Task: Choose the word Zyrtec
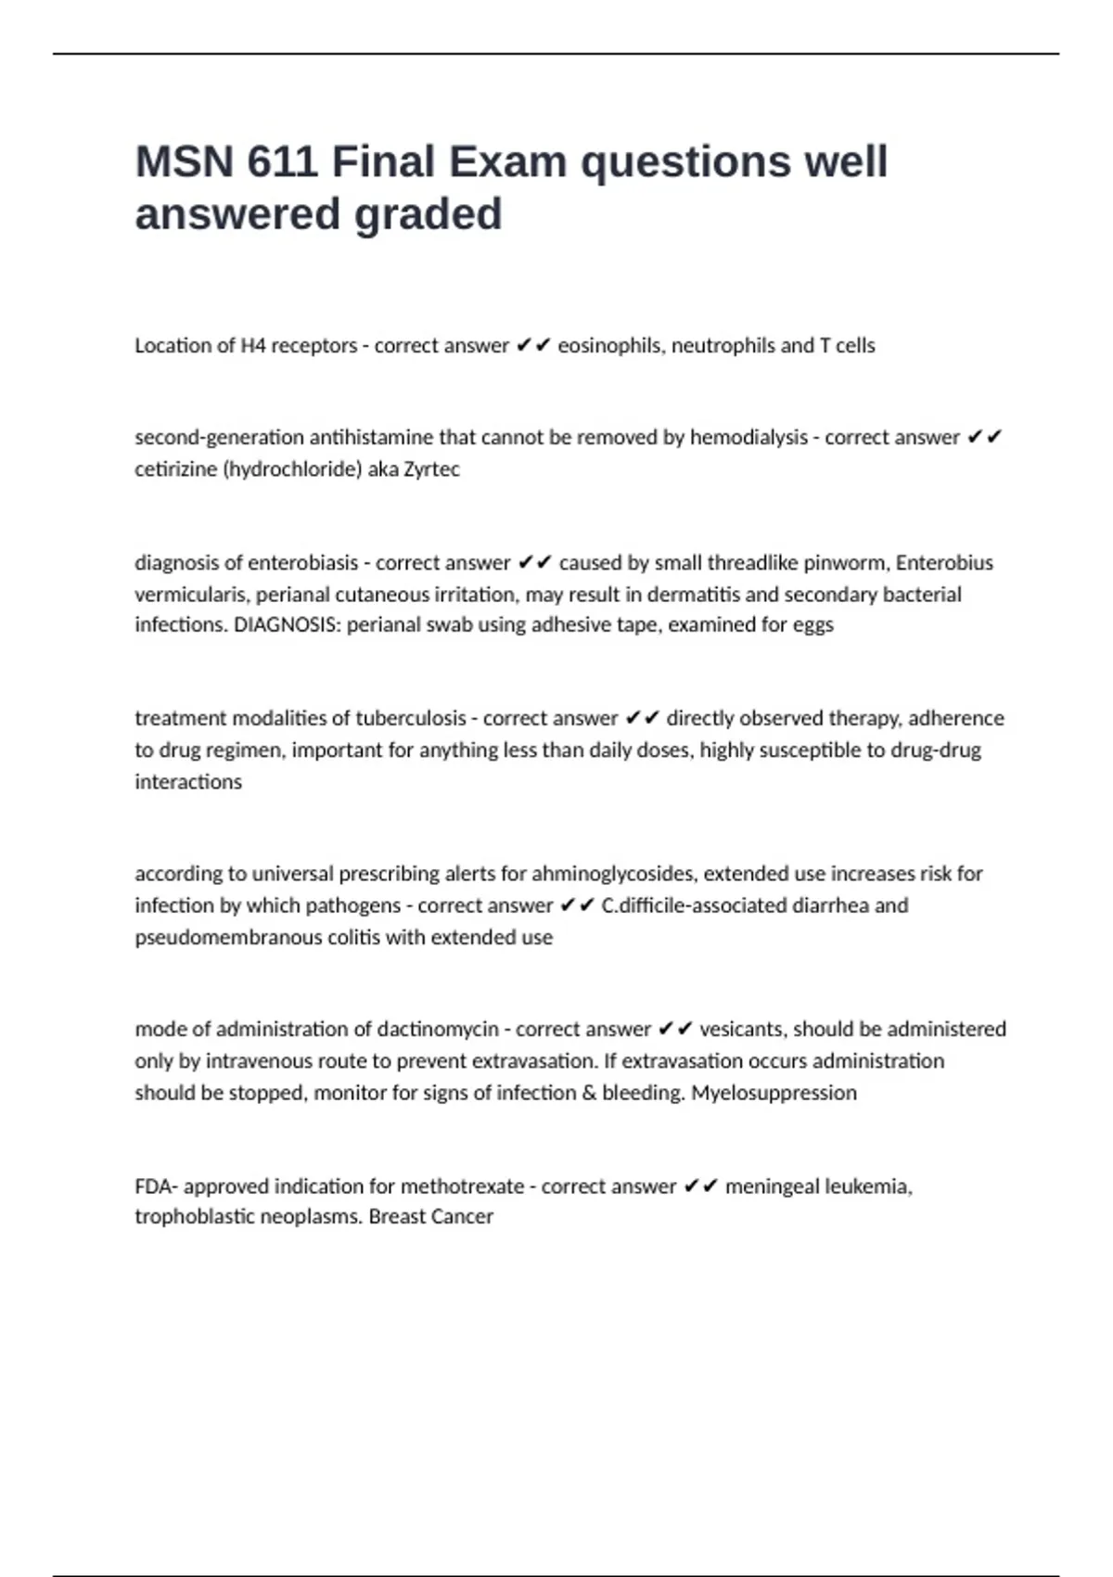(x=431, y=469)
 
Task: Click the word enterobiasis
(x=297, y=563)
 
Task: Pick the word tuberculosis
(x=411, y=719)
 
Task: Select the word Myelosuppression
(x=774, y=1093)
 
